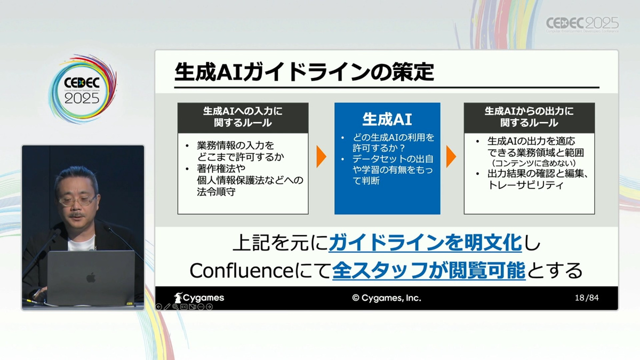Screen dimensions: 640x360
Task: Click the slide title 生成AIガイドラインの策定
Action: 304,72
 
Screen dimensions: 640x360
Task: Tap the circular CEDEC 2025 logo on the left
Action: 82,89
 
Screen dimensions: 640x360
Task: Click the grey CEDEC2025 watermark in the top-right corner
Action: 582,25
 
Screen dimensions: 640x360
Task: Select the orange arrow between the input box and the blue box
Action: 321,156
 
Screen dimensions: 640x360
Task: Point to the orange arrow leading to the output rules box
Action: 451,156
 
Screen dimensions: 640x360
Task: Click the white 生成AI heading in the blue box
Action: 387,119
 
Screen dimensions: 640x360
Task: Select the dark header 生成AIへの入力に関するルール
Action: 243,118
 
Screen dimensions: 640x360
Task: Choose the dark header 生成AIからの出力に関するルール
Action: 529,118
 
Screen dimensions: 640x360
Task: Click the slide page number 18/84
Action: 587,298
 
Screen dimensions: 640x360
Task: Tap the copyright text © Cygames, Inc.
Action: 387,298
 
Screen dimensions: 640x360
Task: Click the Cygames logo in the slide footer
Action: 199,298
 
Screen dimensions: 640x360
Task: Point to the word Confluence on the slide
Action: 242,270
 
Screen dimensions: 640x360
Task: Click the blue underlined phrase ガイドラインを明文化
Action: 425,243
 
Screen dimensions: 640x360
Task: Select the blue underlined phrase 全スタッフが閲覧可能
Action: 429,270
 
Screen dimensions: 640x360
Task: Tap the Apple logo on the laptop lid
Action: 91,277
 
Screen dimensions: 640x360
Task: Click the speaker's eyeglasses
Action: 78,201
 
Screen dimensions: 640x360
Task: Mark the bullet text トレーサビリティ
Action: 526,186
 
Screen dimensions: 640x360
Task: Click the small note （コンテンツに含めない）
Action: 534,163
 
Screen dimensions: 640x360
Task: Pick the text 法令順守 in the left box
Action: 217,191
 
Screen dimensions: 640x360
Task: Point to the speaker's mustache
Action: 77,215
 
